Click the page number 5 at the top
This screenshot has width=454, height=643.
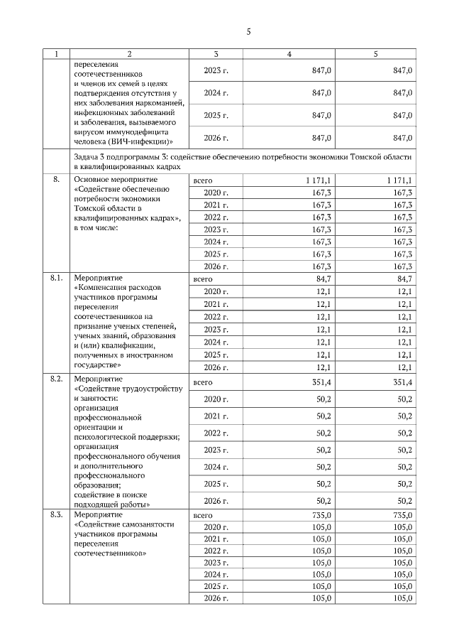tap(248, 31)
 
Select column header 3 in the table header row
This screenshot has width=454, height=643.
tap(216, 54)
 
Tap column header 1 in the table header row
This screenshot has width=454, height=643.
tap(56, 54)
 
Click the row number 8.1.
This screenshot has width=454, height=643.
tap(57, 278)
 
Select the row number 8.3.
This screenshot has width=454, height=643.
tap(57, 514)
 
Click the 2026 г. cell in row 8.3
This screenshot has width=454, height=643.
tap(216, 598)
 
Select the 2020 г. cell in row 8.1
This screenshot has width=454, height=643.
tap(216, 292)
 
